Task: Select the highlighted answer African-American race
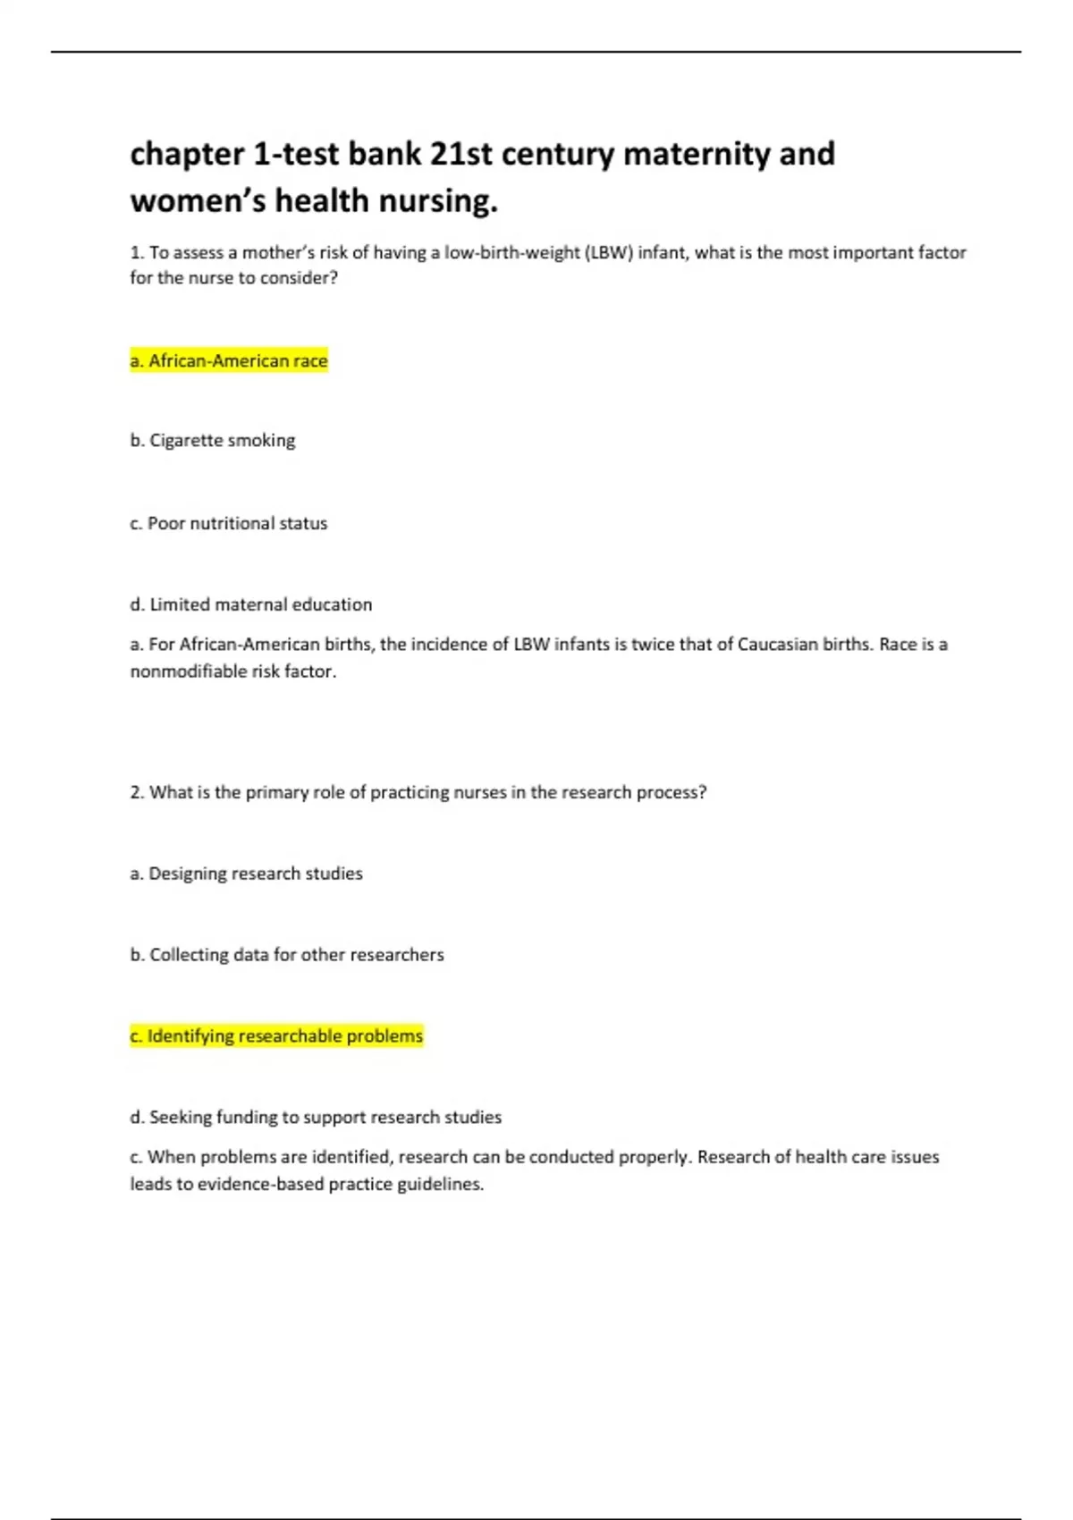229,360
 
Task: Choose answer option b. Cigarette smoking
213,440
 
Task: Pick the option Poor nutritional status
229,523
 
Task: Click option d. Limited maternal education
251,604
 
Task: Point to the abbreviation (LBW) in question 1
609,252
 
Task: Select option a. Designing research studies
247,874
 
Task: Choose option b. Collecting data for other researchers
287,955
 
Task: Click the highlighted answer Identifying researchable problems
276,1035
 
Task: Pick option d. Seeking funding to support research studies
316,1117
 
